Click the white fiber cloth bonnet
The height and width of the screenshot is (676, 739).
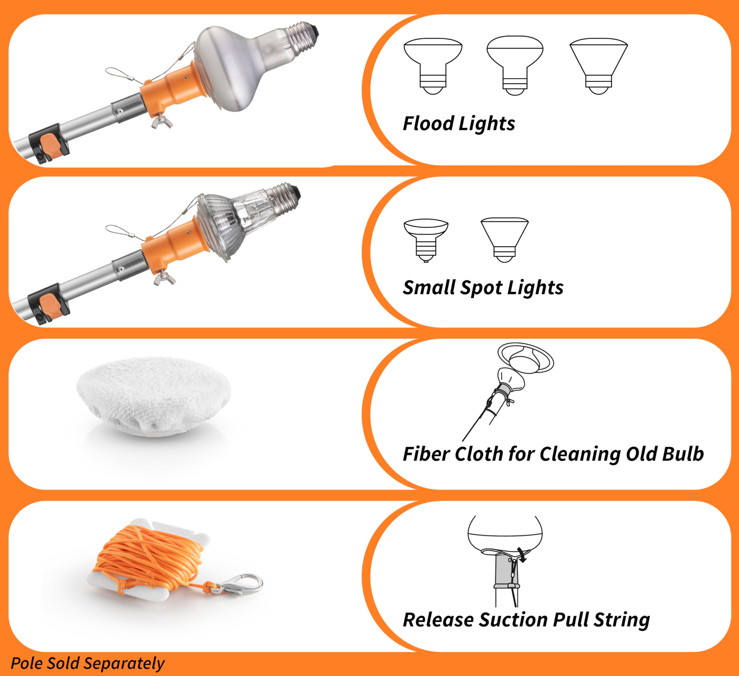coord(154,396)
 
